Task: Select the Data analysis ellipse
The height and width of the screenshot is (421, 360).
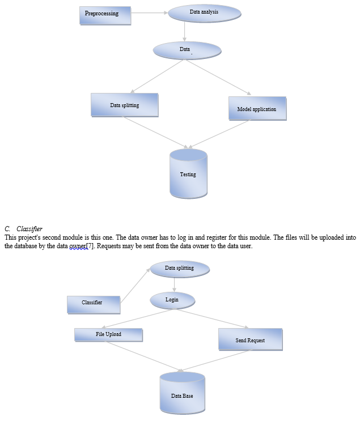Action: tap(204, 12)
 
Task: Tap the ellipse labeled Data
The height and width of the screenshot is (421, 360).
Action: tap(187, 50)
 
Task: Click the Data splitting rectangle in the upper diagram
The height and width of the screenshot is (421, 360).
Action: tap(124, 105)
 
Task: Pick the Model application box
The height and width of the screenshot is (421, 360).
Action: tap(257, 108)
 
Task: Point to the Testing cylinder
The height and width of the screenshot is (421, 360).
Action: tap(188, 173)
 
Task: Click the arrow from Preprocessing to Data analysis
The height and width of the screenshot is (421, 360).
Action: tap(150, 12)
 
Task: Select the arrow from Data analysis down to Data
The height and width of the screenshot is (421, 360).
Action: tap(185, 31)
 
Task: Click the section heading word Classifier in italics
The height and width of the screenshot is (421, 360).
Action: tap(29, 228)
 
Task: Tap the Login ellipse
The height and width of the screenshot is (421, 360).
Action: tap(172, 300)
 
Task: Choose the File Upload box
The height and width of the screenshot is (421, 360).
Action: tap(108, 334)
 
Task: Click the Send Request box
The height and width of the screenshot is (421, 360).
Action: tap(250, 339)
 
